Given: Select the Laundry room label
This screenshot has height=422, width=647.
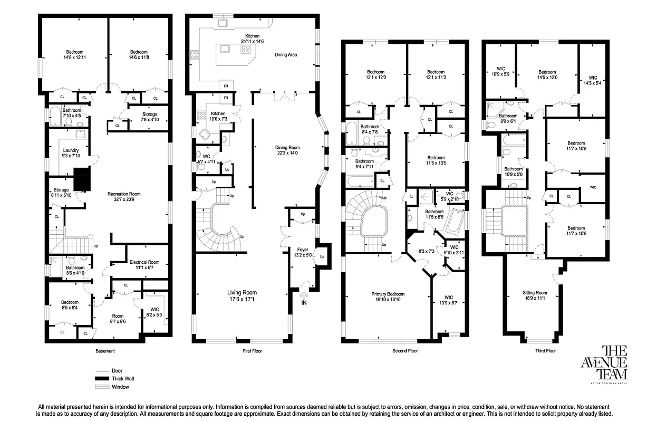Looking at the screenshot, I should click(71, 153).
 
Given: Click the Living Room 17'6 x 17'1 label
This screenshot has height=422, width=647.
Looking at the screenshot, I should click(242, 295).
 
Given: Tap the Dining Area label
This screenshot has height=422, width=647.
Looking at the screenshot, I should click(288, 54).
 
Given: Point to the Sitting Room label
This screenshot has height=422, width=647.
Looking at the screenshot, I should click(535, 295).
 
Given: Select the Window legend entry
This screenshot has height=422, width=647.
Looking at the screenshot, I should click(120, 387).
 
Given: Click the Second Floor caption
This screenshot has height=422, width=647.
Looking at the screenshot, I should click(405, 351).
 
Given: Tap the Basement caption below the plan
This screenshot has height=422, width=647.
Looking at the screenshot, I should click(105, 351).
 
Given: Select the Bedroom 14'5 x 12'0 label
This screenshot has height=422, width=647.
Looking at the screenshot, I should click(547, 75).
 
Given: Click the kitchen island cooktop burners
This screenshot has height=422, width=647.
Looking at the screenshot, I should click(246, 50).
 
